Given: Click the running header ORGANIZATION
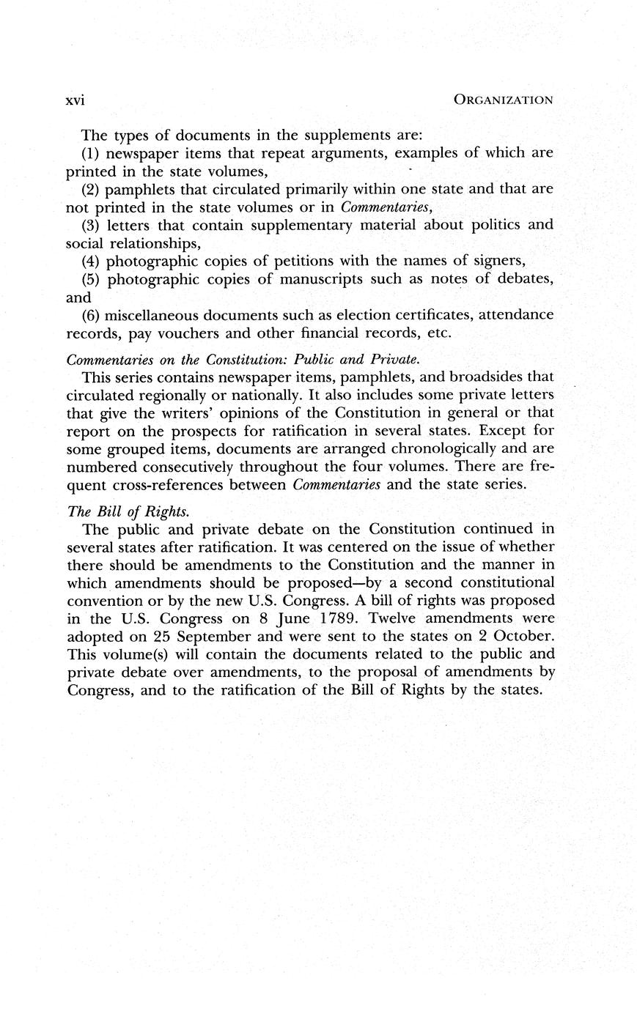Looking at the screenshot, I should coord(503,100).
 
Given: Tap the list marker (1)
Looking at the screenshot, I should coord(92,153).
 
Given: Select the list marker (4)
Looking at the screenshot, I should coord(92,261).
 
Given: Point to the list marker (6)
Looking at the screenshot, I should coord(92,315).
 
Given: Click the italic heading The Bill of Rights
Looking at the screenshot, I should coord(110,511).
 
